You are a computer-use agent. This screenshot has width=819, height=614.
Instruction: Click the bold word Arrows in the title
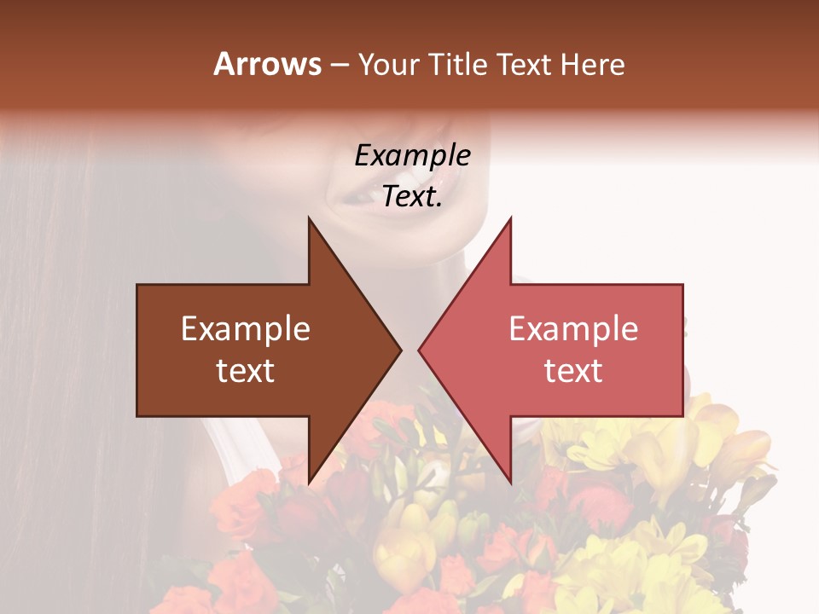pos(268,65)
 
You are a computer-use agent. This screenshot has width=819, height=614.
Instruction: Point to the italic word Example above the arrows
pos(412,155)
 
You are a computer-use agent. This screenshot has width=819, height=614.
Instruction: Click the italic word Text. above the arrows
pos(412,197)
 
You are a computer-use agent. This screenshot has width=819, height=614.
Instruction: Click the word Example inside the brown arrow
pos(246,329)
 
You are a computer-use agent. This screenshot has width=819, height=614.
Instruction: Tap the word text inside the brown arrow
pos(246,371)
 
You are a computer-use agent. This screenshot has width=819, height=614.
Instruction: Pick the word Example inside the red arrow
pos(573,329)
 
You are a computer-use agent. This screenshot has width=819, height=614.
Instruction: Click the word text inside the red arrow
pos(573,371)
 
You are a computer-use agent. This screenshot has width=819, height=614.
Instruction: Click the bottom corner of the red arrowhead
pos(509,481)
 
